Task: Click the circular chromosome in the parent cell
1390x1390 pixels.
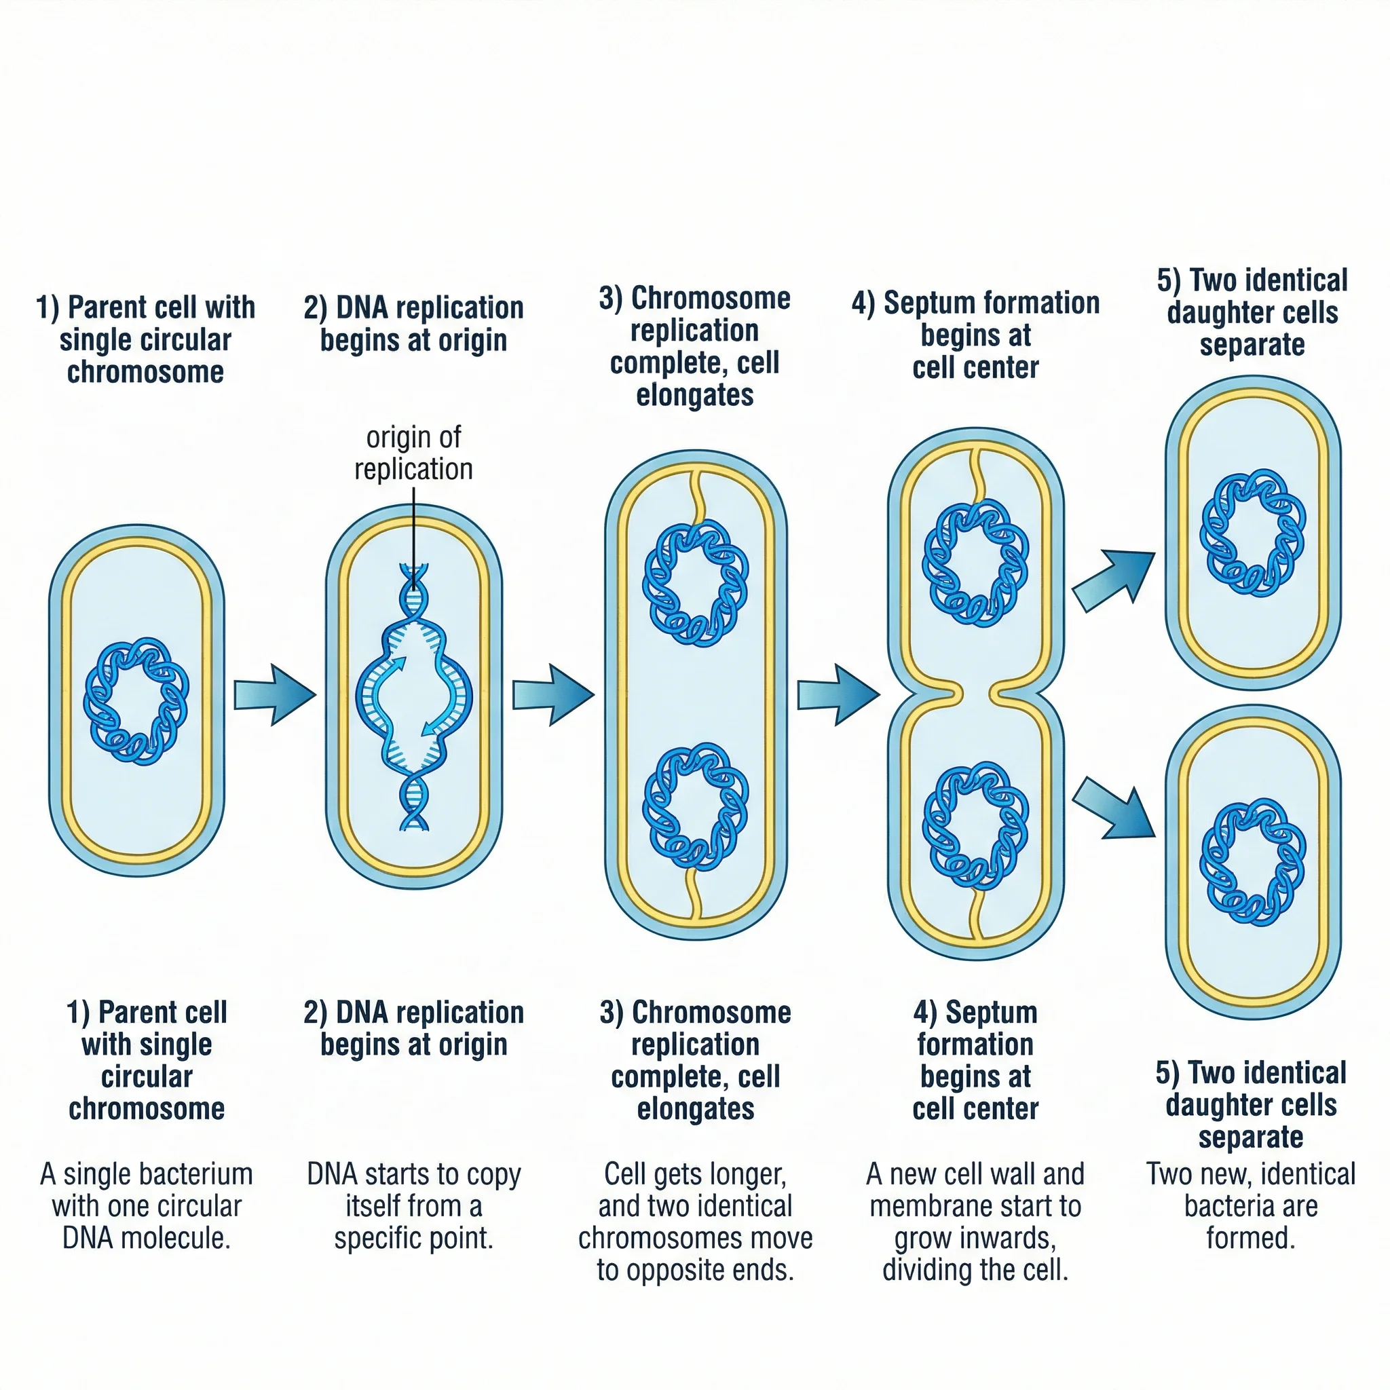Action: click(x=136, y=700)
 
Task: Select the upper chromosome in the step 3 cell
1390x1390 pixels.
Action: click(x=695, y=584)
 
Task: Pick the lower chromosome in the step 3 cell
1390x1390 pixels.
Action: click(x=695, y=807)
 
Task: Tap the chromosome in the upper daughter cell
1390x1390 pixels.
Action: click(x=1253, y=532)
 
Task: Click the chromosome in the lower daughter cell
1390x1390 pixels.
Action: click(x=1253, y=861)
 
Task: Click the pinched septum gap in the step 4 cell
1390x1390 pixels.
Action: click(x=975, y=694)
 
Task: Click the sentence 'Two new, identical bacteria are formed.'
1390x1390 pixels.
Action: click(x=1250, y=1206)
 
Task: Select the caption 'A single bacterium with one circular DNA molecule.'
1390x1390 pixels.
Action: click(x=146, y=1206)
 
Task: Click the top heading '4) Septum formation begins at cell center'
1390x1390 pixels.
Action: click(x=975, y=335)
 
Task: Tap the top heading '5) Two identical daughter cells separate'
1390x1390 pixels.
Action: click(x=1252, y=312)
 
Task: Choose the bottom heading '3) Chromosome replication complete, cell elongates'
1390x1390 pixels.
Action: click(x=695, y=1061)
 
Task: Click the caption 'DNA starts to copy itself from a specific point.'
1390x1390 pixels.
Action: click(x=414, y=1206)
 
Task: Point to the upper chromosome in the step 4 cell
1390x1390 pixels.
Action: click(x=975, y=563)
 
